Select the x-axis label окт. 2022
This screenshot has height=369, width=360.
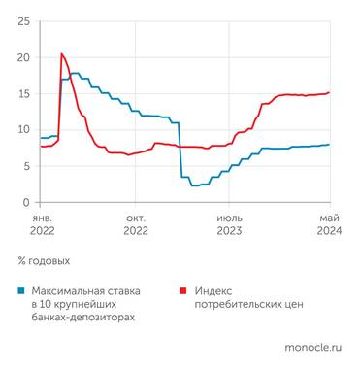tap(135, 224)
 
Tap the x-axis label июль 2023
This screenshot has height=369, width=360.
tap(229, 224)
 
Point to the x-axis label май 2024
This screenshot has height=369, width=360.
tap(331, 224)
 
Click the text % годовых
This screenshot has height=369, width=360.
tap(44, 261)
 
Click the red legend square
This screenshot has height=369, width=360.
tap(183, 290)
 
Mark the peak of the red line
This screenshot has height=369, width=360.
tap(62, 54)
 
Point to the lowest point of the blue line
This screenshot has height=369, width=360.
tap(194, 185)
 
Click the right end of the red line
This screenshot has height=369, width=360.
tap(330, 92)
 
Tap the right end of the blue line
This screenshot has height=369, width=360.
tap(330, 145)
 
